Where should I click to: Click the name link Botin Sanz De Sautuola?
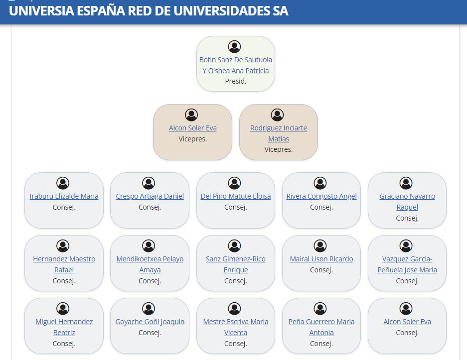[x=236, y=60]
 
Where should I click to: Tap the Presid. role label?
[x=236, y=81]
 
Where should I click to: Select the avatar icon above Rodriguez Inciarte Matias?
[x=277, y=115]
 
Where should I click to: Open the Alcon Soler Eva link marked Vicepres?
[x=193, y=128]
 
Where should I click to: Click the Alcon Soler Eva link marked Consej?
[x=407, y=322]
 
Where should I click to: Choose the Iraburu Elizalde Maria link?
[x=64, y=196]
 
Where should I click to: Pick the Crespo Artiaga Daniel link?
[x=150, y=196]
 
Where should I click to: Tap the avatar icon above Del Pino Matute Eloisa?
[x=234, y=183]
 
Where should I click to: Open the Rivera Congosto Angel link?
[x=321, y=196]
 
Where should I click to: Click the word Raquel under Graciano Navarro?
[x=407, y=207]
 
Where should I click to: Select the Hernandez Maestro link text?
[x=64, y=259]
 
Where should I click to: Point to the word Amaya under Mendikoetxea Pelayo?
[x=150, y=270]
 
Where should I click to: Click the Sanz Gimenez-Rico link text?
[x=236, y=259]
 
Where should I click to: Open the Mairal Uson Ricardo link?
[x=321, y=259]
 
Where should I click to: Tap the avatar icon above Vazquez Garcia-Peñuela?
[x=406, y=246]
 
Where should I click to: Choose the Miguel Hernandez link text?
[x=64, y=322]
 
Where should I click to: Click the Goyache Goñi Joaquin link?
[x=150, y=322]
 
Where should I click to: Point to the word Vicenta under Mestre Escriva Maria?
[x=236, y=333]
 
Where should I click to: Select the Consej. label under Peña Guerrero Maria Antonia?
[x=321, y=344]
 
